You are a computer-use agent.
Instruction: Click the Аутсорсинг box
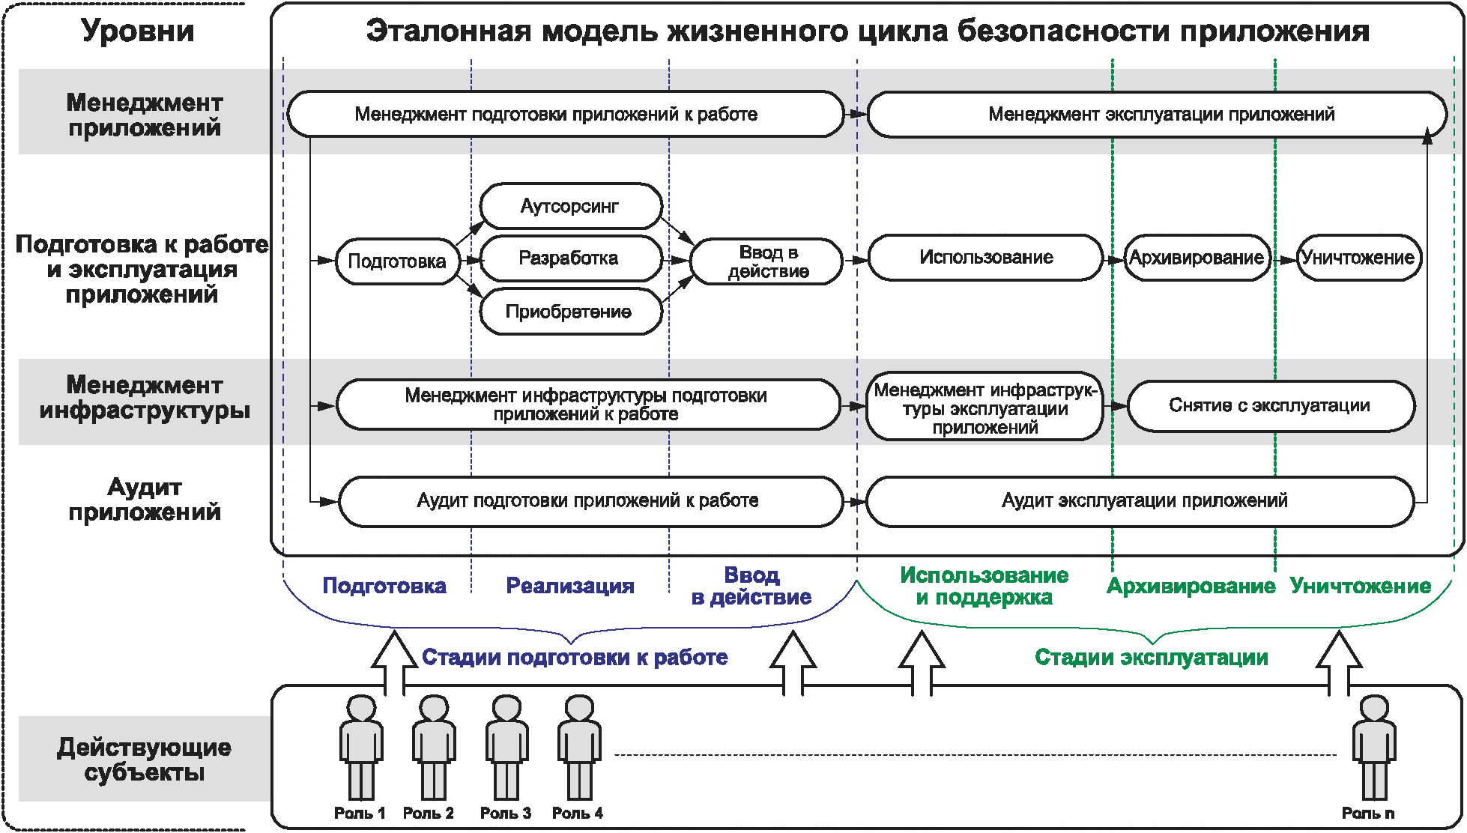click(x=571, y=206)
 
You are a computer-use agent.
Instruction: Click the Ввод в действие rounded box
click(x=766, y=261)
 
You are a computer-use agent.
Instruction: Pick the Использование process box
click(x=985, y=258)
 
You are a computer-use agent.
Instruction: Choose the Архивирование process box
click(x=1197, y=258)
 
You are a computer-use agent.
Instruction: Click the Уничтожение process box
click(x=1358, y=258)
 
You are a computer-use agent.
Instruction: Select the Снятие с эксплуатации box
click(x=1270, y=405)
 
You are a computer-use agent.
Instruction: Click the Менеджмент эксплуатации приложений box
click(x=1160, y=115)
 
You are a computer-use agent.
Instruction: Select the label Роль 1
click(x=360, y=814)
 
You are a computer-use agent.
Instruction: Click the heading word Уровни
click(x=138, y=31)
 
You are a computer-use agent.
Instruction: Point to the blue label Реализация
click(x=570, y=586)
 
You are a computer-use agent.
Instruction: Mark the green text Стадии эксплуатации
click(x=1151, y=658)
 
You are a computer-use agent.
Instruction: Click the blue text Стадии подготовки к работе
click(x=575, y=658)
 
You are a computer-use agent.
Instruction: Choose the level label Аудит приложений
click(x=145, y=500)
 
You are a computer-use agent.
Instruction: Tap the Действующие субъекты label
click(x=145, y=760)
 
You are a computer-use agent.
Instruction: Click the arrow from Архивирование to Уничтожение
click(x=1284, y=260)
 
